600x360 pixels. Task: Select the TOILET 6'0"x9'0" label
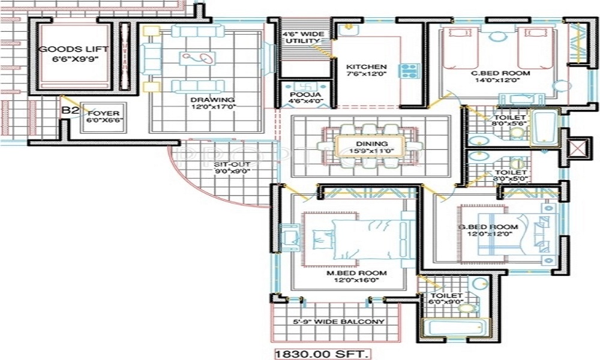(447, 299)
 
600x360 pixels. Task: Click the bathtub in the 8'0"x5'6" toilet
(545, 128)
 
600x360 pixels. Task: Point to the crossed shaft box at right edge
(579, 149)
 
